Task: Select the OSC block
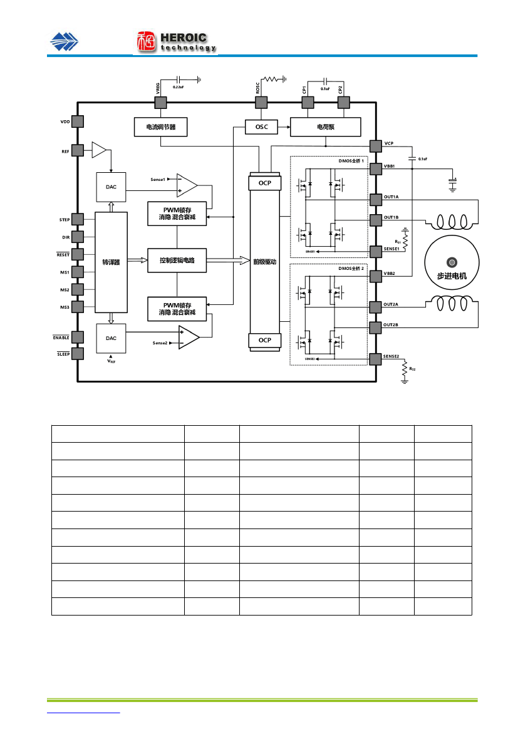261,127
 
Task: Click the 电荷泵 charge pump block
325,127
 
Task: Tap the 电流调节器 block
161,127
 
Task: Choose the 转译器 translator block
111,262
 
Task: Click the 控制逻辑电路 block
177,260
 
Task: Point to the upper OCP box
265,183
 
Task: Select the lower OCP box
265,340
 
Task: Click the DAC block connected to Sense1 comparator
111,187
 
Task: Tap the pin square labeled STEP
78,219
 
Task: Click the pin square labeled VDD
78,121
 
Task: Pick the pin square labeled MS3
78,306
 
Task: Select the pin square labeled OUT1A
375,199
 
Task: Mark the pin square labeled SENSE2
375,358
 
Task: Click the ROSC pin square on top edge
261,103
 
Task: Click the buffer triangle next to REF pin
99,150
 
